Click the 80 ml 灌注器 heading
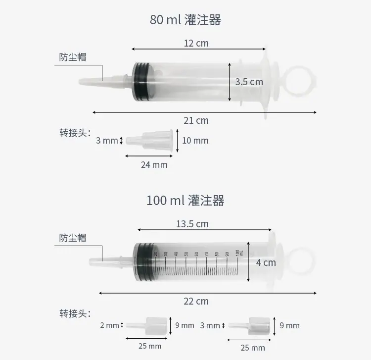(x=185, y=20)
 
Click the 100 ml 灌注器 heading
(x=185, y=201)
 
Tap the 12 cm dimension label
(x=196, y=44)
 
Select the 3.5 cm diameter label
(x=249, y=82)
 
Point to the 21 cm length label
(x=196, y=120)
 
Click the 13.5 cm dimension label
(x=192, y=224)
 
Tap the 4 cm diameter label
(x=266, y=262)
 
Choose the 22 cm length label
(x=196, y=301)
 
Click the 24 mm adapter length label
(x=154, y=165)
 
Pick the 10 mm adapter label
(x=195, y=141)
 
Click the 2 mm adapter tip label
(x=109, y=325)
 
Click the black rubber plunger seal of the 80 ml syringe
(x=141, y=82)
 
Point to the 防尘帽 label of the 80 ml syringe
(x=73, y=57)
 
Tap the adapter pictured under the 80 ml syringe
(x=149, y=141)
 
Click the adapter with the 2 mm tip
(x=147, y=326)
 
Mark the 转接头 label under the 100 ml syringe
(x=75, y=313)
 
